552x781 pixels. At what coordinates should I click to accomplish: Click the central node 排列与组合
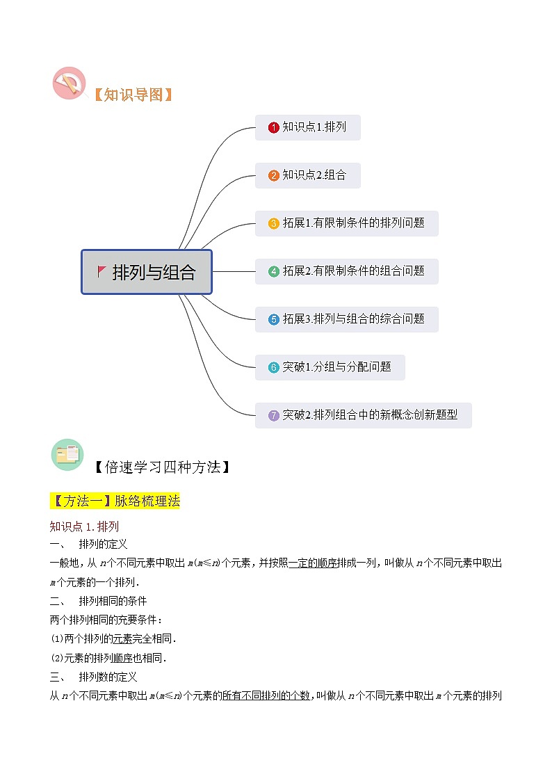tap(147, 272)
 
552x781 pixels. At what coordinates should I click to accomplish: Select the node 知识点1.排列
tap(307, 127)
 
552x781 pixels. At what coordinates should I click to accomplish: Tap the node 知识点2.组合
tap(307, 175)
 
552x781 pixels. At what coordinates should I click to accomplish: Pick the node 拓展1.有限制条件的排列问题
tap(346, 223)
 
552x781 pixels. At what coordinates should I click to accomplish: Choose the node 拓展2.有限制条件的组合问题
tap(346, 271)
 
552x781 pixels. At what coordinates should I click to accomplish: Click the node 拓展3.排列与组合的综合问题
tap(346, 319)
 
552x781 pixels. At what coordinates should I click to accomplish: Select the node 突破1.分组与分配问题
tap(330, 367)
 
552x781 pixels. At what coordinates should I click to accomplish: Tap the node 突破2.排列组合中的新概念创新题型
tap(363, 415)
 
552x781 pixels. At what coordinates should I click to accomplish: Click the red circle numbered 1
tap(274, 128)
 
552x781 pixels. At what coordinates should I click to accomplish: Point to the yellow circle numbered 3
tap(274, 224)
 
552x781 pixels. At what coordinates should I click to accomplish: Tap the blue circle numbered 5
tap(274, 320)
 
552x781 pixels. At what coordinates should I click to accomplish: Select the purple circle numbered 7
tap(274, 416)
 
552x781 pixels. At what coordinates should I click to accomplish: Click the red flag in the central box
tap(102, 271)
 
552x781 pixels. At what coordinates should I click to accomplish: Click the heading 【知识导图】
tap(132, 95)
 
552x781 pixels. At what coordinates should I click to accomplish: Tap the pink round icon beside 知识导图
tap(69, 83)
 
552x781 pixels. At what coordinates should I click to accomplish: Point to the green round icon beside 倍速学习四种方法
tap(67, 455)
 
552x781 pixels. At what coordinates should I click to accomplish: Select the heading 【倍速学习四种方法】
tap(161, 467)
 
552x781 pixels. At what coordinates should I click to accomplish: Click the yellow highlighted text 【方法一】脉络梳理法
tap(115, 501)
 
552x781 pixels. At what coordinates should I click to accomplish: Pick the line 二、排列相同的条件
tap(98, 601)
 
